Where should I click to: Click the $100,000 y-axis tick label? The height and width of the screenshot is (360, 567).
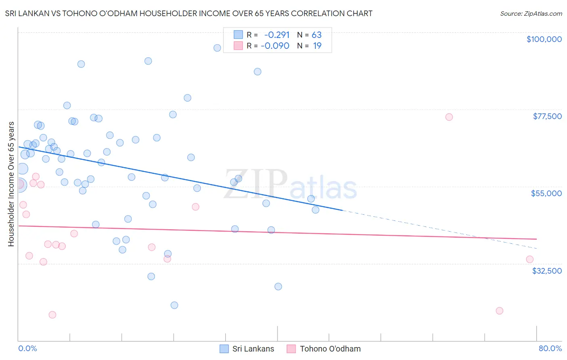[x=544, y=39]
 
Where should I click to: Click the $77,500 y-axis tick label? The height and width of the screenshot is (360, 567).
[x=547, y=116]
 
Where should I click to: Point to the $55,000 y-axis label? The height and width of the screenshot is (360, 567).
[x=546, y=193]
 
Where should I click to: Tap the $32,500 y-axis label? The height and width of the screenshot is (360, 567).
[x=547, y=271]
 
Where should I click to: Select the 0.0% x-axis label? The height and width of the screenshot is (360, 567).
[x=27, y=348]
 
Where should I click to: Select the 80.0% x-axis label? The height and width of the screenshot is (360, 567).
[x=550, y=348]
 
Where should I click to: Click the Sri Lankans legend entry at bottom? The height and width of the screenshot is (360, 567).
[x=253, y=349]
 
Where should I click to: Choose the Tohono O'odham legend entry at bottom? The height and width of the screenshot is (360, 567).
[x=330, y=349]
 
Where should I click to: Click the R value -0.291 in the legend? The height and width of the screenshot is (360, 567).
[x=277, y=35]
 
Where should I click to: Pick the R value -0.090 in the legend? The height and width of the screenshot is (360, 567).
[x=275, y=46]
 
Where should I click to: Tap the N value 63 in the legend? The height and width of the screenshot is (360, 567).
[x=317, y=35]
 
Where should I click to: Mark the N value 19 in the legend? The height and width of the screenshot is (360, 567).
[x=317, y=46]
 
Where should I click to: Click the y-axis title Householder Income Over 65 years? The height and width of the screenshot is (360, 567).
[x=11, y=184]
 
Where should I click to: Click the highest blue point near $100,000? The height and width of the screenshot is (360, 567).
[x=217, y=48]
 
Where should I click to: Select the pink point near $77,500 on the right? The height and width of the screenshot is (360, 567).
[x=449, y=117]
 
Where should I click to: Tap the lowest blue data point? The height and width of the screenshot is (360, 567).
[x=174, y=305]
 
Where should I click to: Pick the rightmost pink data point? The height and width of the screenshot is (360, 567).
[x=529, y=260]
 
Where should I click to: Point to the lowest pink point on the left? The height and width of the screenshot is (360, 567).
[x=52, y=315]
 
